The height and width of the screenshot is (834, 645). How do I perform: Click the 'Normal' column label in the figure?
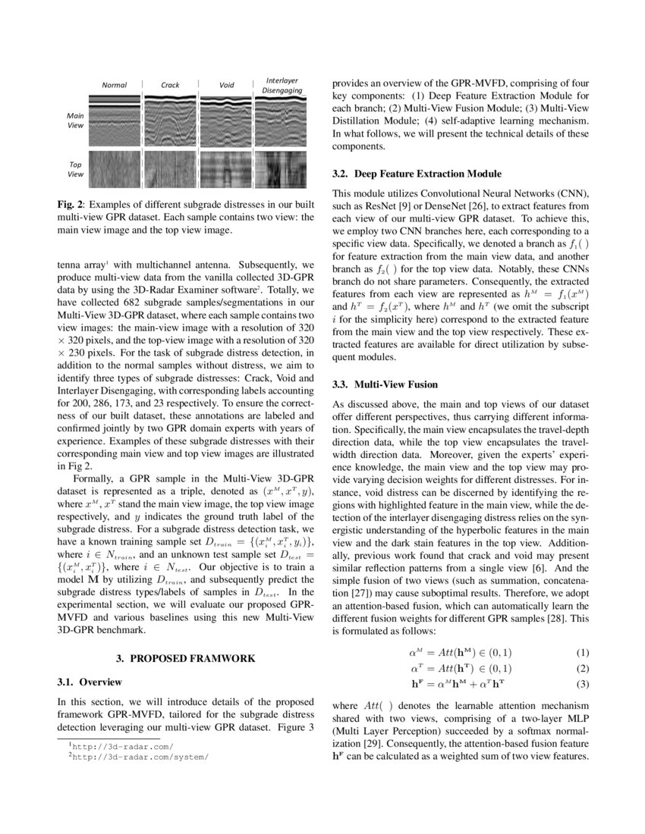point(115,85)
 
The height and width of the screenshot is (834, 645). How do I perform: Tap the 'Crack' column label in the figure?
point(170,85)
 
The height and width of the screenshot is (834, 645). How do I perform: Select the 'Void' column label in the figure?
point(226,85)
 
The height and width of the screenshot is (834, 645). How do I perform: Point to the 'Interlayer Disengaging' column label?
point(282,85)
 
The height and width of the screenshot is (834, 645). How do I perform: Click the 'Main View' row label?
point(76,120)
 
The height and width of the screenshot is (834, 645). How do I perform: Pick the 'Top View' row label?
point(76,168)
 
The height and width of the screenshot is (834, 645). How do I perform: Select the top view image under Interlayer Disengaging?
point(281,168)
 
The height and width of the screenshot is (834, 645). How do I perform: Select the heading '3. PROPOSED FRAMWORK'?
point(186,658)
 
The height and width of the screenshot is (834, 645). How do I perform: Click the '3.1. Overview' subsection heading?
point(84,682)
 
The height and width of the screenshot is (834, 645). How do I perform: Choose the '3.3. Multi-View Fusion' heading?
point(385,384)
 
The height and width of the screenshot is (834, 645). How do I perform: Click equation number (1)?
point(582,653)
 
